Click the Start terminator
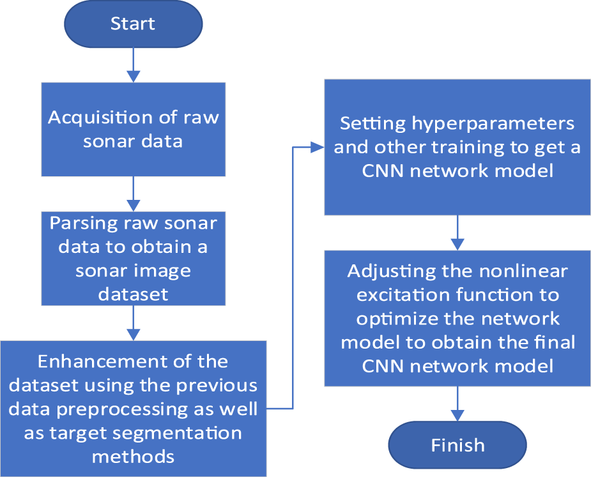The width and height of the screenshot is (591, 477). (x=133, y=24)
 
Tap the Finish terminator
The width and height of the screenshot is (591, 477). (x=457, y=445)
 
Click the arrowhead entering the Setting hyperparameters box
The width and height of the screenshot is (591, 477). (x=318, y=147)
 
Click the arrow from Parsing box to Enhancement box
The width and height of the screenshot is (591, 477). (x=133, y=323)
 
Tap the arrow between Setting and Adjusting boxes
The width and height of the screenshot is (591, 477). (x=457, y=232)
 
